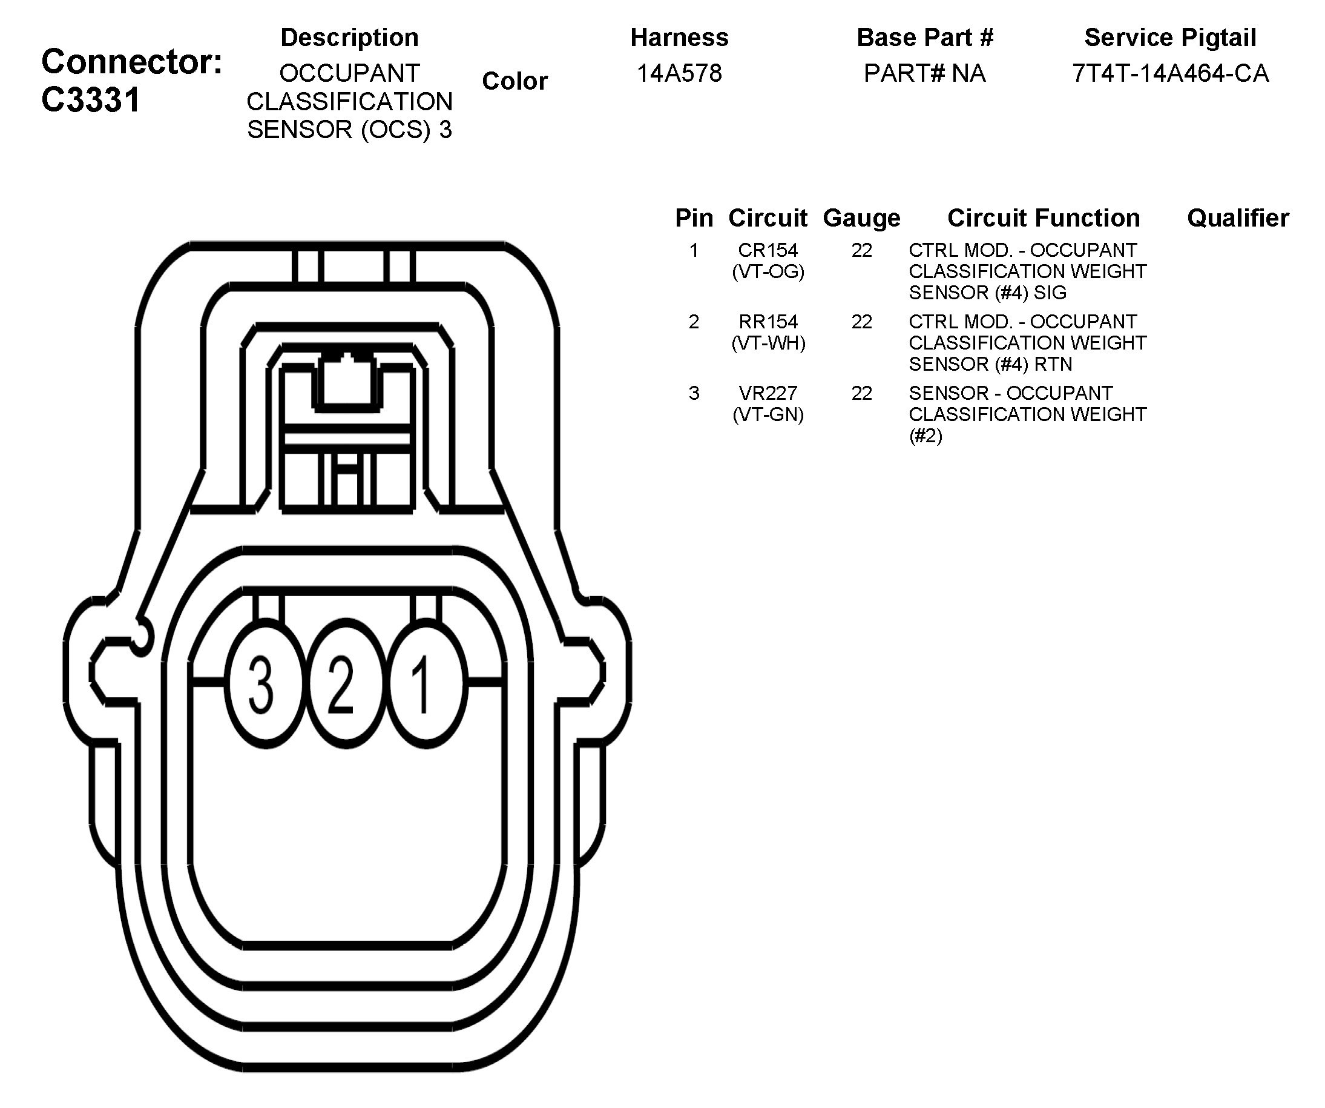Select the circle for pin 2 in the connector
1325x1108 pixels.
(345, 685)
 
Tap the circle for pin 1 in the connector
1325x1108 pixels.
(426, 685)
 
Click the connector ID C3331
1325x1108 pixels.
(91, 100)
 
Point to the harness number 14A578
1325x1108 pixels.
(679, 73)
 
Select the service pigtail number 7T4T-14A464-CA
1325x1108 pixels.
(1170, 73)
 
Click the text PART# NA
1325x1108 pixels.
(924, 73)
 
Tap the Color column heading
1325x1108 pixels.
(515, 81)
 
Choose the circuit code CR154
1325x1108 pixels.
(768, 250)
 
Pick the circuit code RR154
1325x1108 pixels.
(768, 321)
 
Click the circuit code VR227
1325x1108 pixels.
(768, 393)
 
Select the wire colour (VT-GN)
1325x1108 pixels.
(768, 414)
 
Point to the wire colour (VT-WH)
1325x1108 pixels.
(768, 343)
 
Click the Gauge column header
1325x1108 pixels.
(861, 218)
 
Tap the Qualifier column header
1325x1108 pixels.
(1237, 218)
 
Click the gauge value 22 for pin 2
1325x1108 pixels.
(861, 321)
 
